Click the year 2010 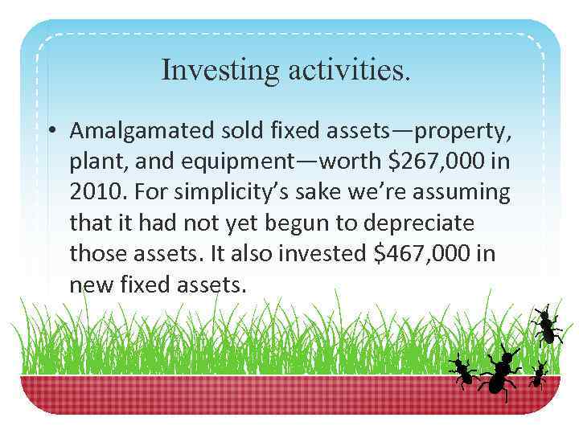(x=94, y=191)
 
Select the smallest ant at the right (x=538, y=374)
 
